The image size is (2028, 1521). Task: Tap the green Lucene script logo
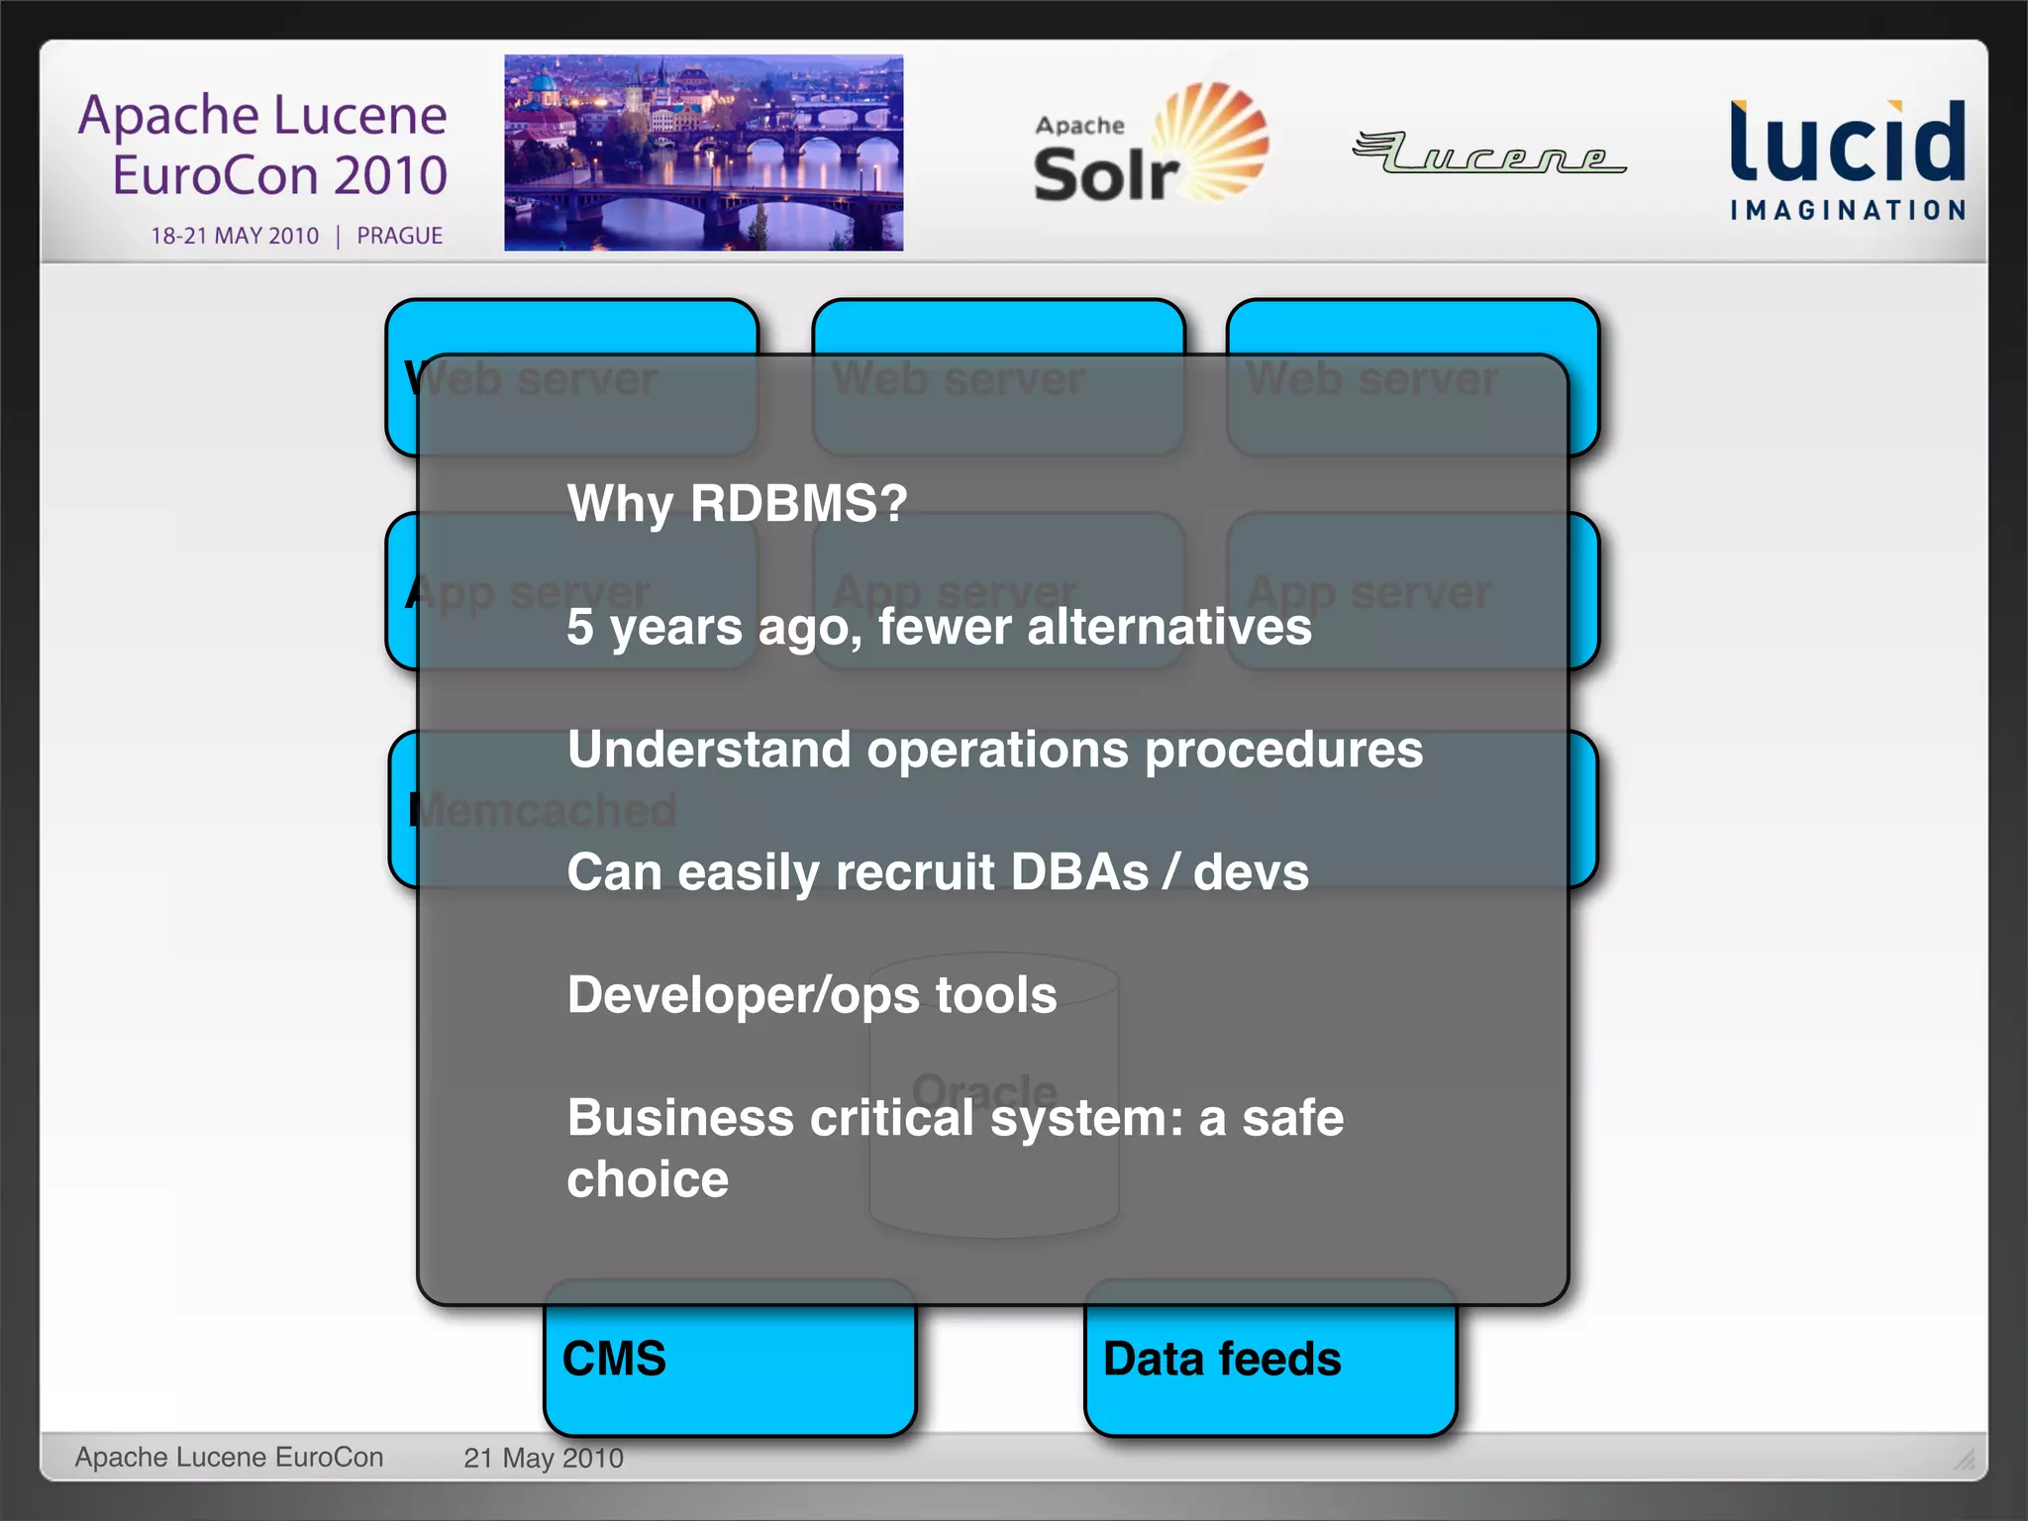click(x=1488, y=153)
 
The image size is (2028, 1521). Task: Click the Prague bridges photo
click(x=703, y=152)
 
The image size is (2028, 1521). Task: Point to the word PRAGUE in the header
click(x=399, y=236)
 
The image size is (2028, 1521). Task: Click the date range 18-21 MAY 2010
click(x=235, y=236)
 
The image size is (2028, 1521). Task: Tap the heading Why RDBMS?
click(x=737, y=503)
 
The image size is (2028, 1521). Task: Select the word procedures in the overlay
click(x=1283, y=751)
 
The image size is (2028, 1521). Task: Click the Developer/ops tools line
click(x=812, y=995)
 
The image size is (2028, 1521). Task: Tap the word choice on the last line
click(x=648, y=1179)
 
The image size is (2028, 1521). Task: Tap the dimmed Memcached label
click(x=545, y=810)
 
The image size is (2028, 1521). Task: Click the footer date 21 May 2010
click(x=543, y=1458)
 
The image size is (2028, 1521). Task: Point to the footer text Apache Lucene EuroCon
click(x=229, y=1457)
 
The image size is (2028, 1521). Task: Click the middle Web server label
click(x=958, y=379)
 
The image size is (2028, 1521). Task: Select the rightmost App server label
click(x=1369, y=592)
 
